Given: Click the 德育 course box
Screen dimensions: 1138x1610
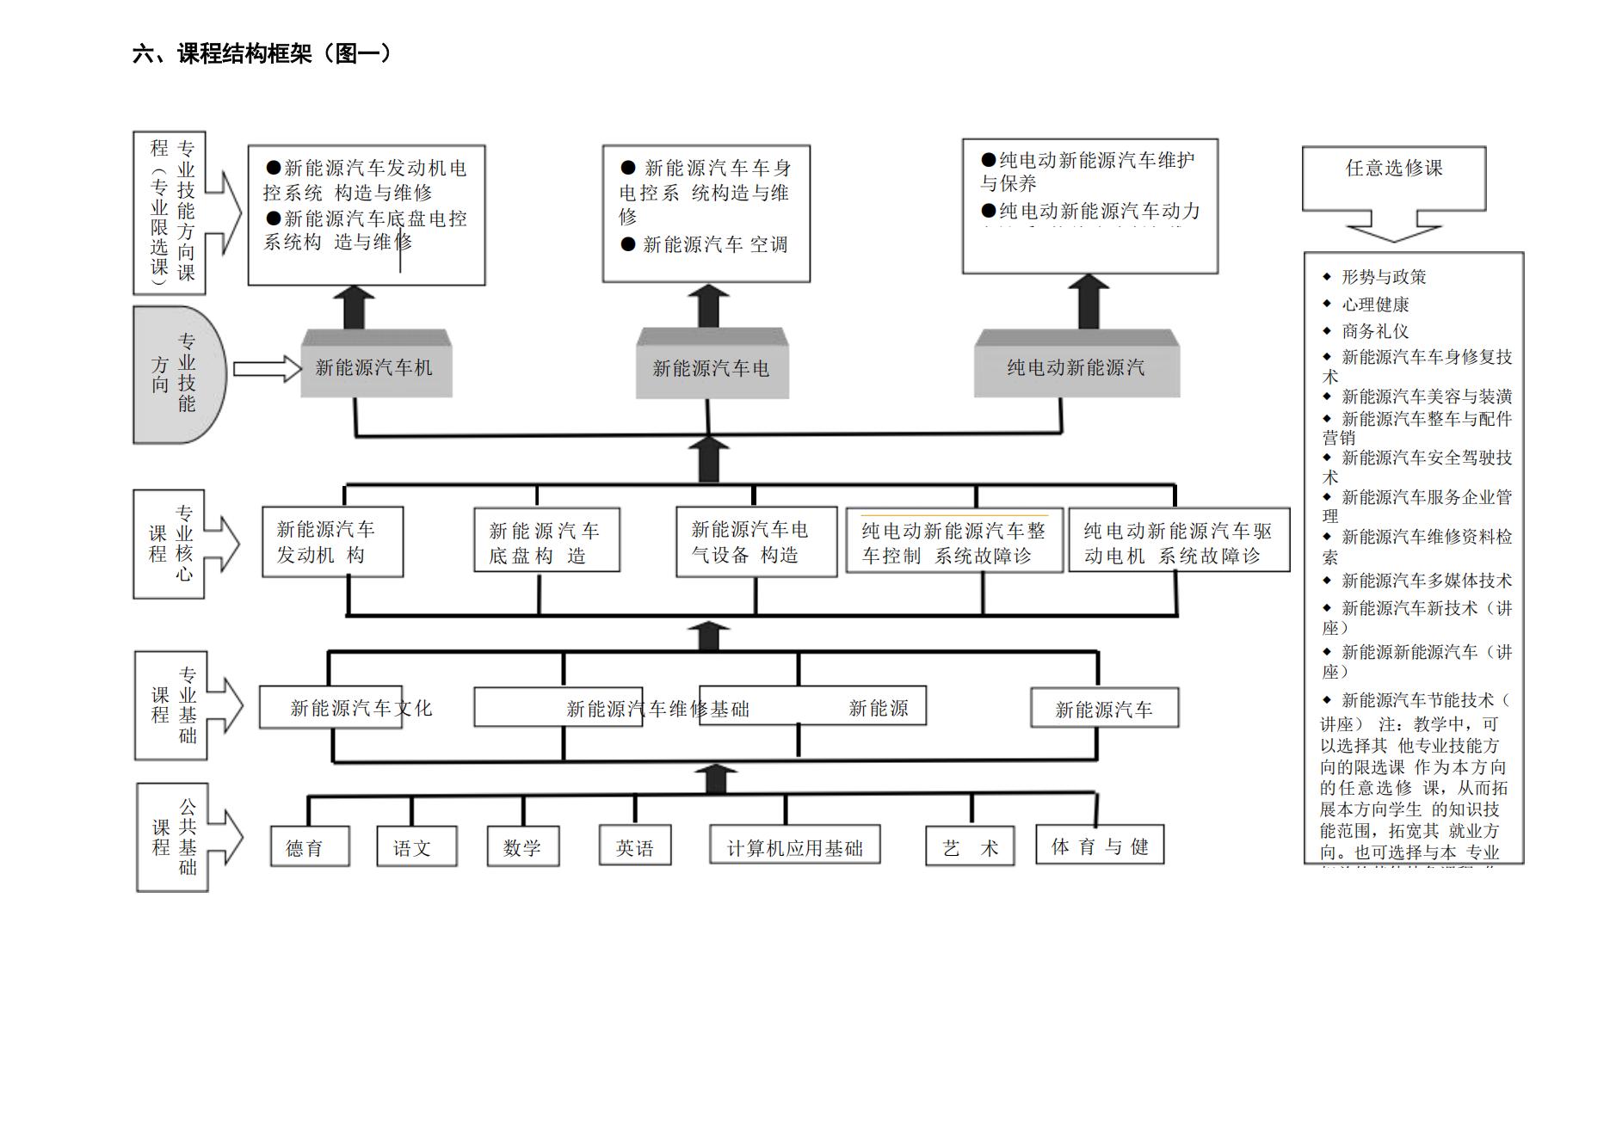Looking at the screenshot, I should coord(309,846).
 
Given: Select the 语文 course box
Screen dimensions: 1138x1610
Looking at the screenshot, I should coord(416,846).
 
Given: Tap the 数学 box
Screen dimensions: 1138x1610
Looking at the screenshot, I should coord(522,846).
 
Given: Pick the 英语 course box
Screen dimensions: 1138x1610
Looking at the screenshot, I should coord(635,846).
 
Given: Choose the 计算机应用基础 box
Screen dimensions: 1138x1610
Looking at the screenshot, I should coord(794,846).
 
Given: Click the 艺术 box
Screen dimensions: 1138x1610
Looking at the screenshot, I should coord(970,846).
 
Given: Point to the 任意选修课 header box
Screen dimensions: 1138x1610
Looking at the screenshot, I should coord(1393,177).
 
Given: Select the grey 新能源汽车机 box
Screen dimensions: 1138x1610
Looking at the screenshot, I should coord(376,366).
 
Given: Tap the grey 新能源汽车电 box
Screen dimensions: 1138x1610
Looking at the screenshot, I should coord(712,367).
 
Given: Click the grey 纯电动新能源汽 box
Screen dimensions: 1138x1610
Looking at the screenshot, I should coord(1076,366).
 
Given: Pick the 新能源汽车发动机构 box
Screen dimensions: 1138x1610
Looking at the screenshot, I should coord(332,542).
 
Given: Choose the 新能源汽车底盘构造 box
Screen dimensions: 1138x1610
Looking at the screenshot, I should coord(546,542).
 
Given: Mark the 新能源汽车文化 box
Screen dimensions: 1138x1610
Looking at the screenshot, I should coord(330,708).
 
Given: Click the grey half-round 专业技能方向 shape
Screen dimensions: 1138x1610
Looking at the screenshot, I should coord(178,375).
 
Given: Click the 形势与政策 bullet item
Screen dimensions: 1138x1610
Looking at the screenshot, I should coord(1383,277).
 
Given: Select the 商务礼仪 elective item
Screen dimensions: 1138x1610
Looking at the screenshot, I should coord(1374,331).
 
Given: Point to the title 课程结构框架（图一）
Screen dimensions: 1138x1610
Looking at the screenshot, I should coord(262,54).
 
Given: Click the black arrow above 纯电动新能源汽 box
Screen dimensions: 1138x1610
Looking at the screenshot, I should coord(1089,302).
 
